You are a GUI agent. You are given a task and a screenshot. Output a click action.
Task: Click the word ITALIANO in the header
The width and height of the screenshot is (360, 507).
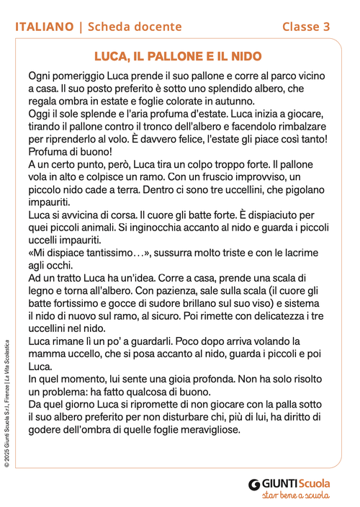coord(45,27)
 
